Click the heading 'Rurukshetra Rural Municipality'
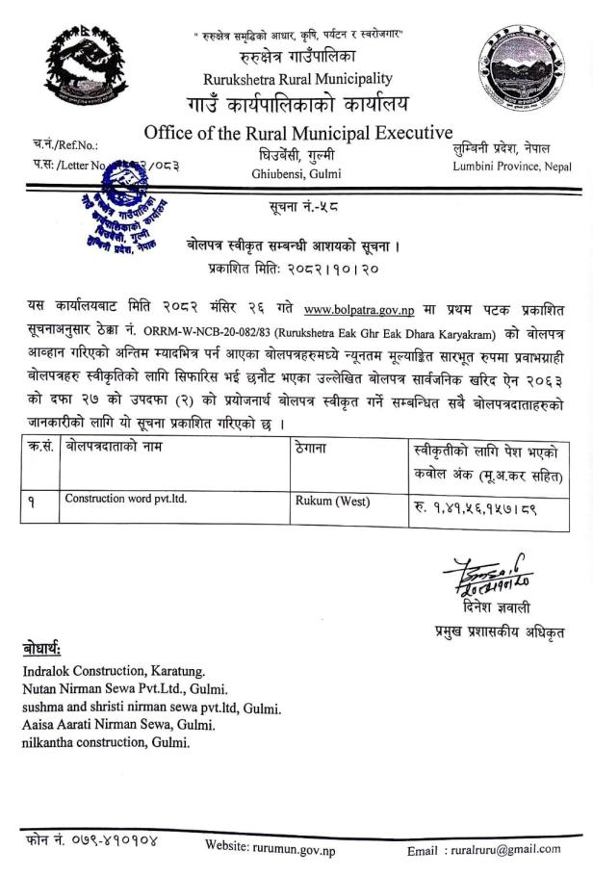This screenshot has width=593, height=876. click(297, 78)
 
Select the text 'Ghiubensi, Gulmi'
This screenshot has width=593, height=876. click(296, 173)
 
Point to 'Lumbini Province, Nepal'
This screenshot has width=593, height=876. click(511, 167)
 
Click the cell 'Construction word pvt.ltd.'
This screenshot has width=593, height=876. click(125, 499)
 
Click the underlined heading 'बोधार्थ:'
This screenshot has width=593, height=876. click(44, 648)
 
